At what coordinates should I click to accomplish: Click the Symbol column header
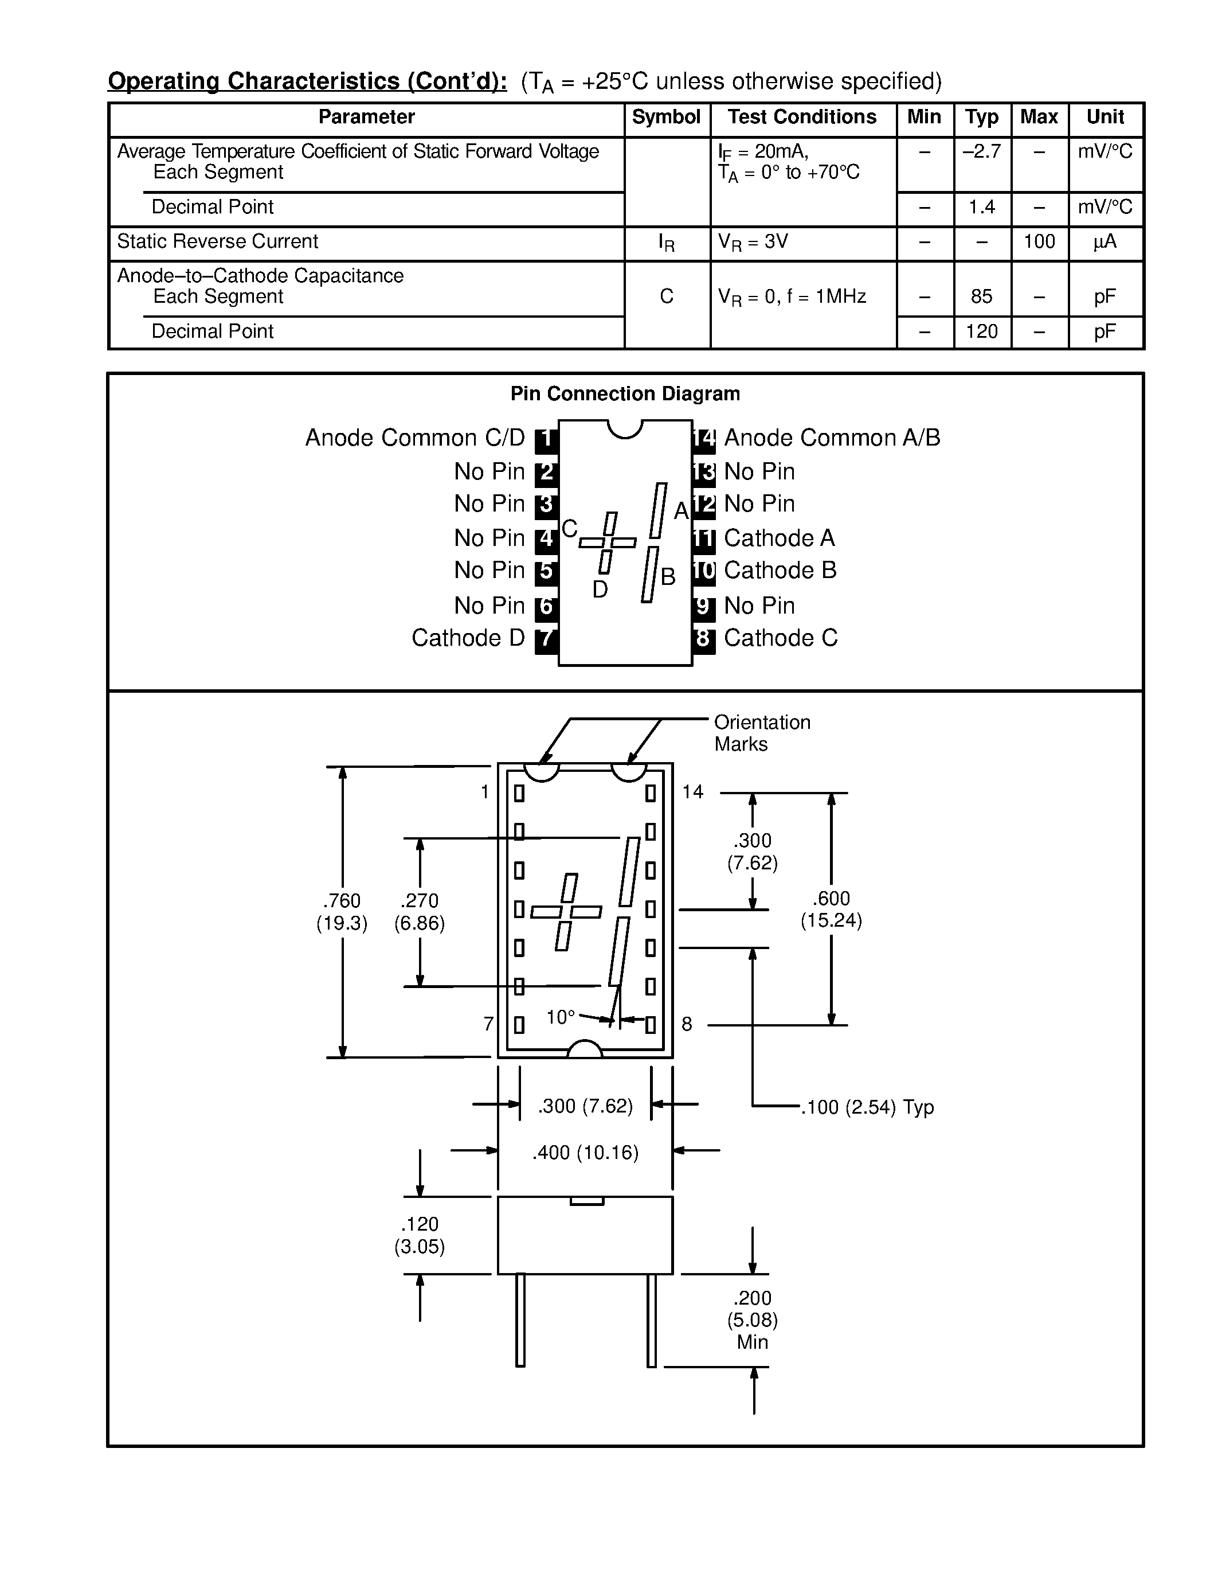pyautogui.click(x=666, y=117)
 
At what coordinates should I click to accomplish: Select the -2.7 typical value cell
pyautogui.click(x=981, y=151)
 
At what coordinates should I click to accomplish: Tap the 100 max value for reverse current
pyautogui.click(x=1039, y=242)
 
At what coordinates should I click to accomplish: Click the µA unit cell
pyautogui.click(x=1105, y=242)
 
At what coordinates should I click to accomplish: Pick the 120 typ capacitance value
pyautogui.click(x=981, y=331)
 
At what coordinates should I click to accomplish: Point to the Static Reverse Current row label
pyautogui.click(x=217, y=242)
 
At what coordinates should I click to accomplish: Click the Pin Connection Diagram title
pyautogui.click(x=625, y=393)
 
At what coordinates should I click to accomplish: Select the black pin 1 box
pyautogui.click(x=546, y=438)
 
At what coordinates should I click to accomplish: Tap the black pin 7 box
pyautogui.click(x=546, y=638)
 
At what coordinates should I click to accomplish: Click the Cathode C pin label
pyautogui.click(x=780, y=638)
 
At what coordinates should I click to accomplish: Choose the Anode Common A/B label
pyautogui.click(x=831, y=438)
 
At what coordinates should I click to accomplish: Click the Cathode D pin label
pyautogui.click(x=468, y=638)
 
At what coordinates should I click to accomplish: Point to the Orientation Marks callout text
pyautogui.click(x=762, y=733)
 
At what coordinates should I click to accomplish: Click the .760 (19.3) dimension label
pyautogui.click(x=342, y=912)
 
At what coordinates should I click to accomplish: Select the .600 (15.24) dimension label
pyautogui.click(x=831, y=909)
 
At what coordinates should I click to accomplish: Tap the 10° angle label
pyautogui.click(x=561, y=1017)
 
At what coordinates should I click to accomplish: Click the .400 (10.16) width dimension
pyautogui.click(x=585, y=1153)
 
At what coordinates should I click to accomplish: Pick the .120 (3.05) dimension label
pyautogui.click(x=419, y=1235)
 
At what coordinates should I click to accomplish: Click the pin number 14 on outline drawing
pyautogui.click(x=693, y=792)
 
